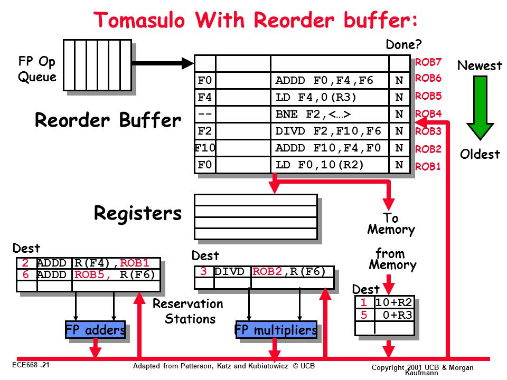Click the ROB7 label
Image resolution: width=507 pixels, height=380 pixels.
click(x=428, y=62)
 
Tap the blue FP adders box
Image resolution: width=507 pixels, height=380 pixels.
click(x=95, y=329)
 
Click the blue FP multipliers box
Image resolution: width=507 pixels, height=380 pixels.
click(x=276, y=329)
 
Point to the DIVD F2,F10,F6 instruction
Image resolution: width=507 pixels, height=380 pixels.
click(x=328, y=131)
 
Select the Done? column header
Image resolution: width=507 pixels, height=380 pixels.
click(x=403, y=44)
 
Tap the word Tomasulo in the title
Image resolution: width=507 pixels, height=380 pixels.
click(x=139, y=20)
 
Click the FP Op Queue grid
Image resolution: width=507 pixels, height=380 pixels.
click(x=97, y=65)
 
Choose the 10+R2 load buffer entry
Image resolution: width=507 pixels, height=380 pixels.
click(x=393, y=302)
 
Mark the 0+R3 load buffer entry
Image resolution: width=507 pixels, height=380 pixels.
click(x=397, y=315)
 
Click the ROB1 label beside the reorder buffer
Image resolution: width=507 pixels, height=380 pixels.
click(x=428, y=166)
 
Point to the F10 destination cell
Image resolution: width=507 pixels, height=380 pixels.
click(x=205, y=148)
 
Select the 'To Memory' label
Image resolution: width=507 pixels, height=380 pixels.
click(x=391, y=224)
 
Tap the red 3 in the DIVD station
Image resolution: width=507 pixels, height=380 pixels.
click(x=203, y=271)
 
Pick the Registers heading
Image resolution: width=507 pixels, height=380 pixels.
click(x=138, y=213)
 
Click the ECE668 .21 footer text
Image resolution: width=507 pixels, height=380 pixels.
click(x=31, y=365)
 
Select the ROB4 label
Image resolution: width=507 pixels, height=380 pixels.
click(x=428, y=114)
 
